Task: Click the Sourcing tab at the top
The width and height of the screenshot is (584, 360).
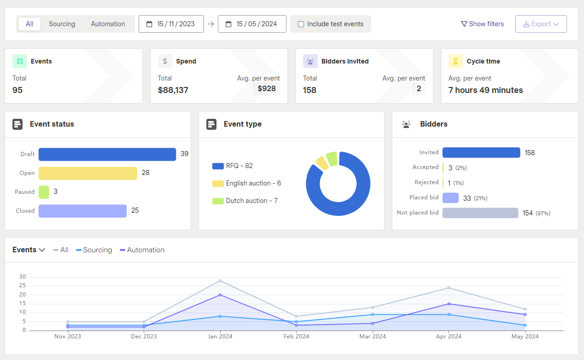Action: click(62, 24)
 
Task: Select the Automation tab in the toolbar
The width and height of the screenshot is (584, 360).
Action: click(108, 24)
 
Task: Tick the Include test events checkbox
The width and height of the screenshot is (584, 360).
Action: click(301, 24)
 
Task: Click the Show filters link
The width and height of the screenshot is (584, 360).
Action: click(482, 24)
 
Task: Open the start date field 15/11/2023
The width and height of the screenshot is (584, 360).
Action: click(171, 24)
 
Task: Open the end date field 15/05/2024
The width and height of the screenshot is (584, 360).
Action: click(252, 24)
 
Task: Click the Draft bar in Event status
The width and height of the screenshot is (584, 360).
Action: click(107, 154)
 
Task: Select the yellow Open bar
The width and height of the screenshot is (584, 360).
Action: click(88, 173)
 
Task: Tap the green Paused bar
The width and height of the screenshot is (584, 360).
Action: click(44, 192)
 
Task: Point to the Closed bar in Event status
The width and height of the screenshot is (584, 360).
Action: click(82, 211)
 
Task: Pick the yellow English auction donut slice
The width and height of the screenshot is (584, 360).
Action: click(322, 163)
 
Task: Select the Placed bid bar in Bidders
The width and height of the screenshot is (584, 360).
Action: click(450, 198)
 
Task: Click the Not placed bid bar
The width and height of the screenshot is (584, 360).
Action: click(480, 213)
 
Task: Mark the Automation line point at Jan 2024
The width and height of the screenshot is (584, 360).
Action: click(220, 295)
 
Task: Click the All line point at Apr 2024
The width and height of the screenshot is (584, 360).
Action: click(449, 288)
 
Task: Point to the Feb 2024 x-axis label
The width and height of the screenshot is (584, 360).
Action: click(296, 337)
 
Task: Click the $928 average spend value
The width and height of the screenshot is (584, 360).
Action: click(267, 88)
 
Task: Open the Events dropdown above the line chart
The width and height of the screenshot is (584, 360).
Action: click(29, 250)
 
